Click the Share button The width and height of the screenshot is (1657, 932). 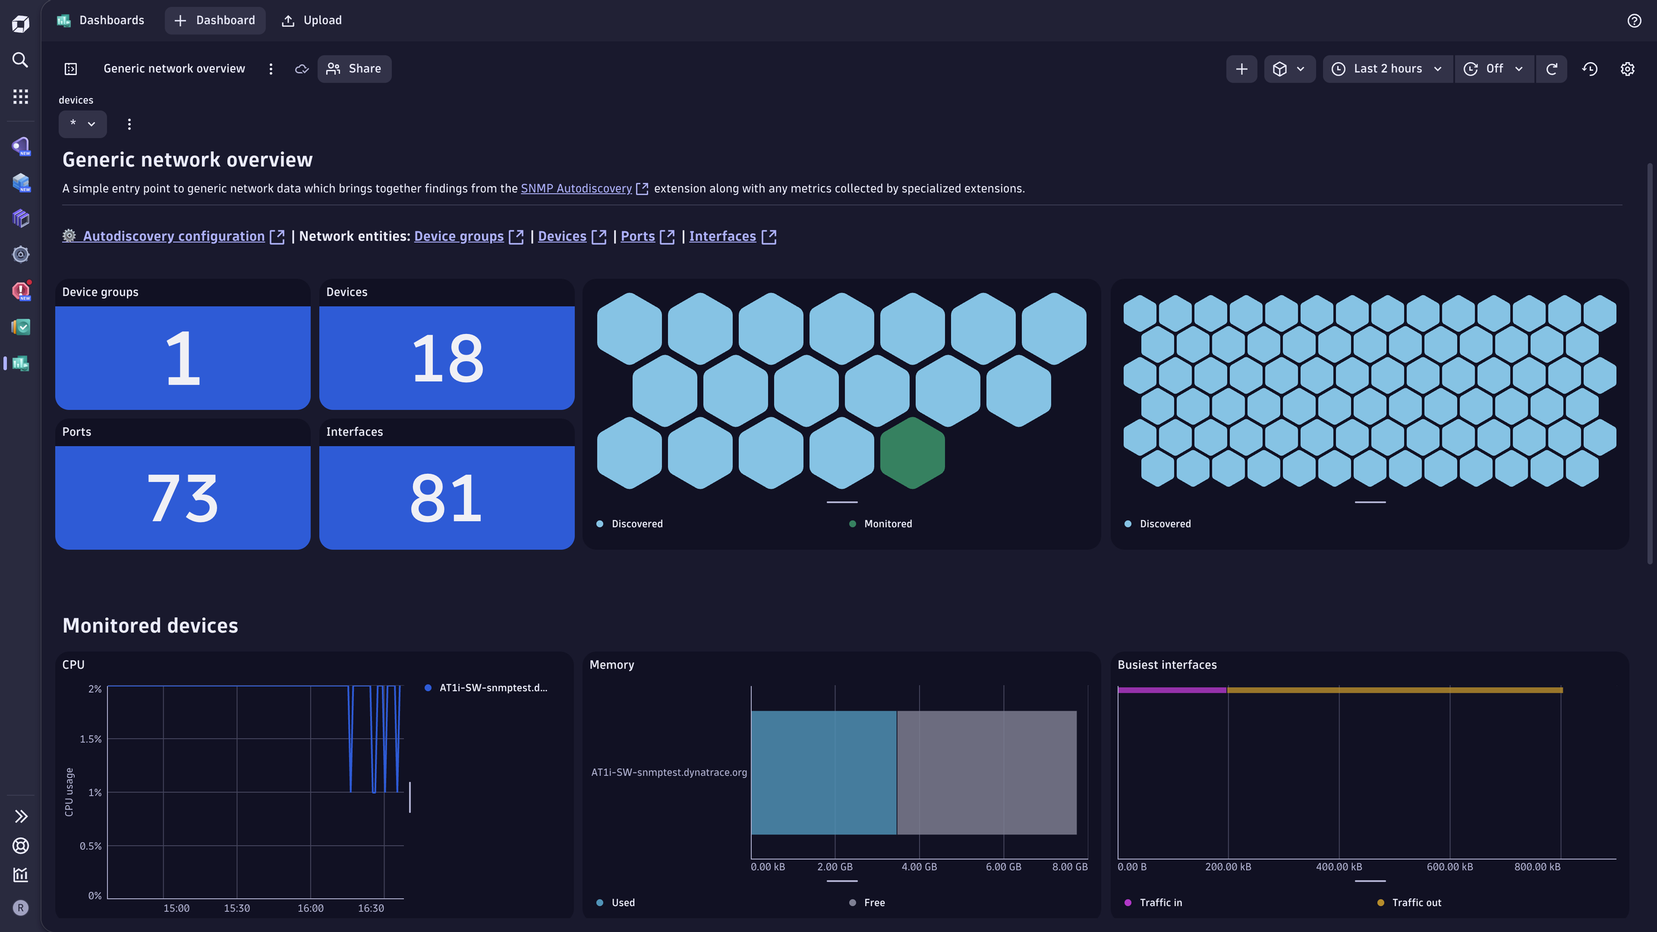coord(354,69)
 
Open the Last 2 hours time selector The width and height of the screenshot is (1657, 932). coord(1388,69)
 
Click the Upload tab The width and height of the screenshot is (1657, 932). coord(312,20)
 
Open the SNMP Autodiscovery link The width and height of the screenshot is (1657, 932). coord(576,188)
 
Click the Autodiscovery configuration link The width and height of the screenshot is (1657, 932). coord(173,236)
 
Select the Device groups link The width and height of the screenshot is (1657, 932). coord(459,236)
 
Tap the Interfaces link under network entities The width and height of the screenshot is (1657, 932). coord(722,236)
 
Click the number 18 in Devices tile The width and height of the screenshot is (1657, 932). coord(447,358)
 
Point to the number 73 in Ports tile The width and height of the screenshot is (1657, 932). coord(183,498)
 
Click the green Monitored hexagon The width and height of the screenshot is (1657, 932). coord(912,452)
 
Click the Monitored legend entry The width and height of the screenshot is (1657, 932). coord(887,524)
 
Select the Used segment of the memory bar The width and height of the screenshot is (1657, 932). coord(823,772)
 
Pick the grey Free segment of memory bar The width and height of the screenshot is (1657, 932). coord(986,772)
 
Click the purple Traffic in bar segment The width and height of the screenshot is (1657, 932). coord(1172,690)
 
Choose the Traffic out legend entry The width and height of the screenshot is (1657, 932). coord(1416,902)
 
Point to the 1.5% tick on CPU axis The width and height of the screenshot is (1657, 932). coord(91,739)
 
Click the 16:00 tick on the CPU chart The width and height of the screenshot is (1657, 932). coord(311,908)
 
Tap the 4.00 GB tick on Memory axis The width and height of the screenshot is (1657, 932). coord(919,867)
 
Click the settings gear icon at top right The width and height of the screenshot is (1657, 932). coord(1627,69)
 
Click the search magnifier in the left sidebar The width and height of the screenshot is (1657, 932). coord(21,60)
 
